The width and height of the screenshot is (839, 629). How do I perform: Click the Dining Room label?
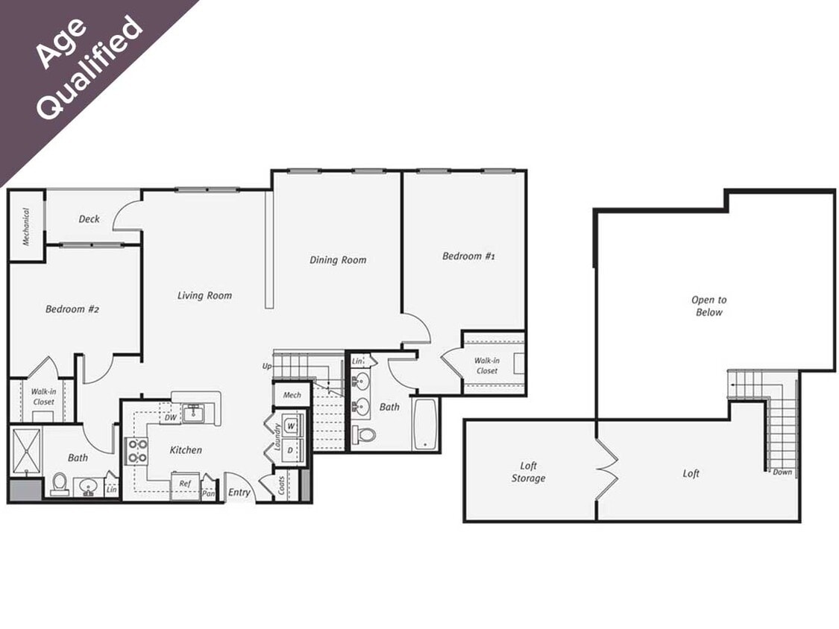click(338, 260)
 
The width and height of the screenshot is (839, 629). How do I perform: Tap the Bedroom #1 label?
click(468, 256)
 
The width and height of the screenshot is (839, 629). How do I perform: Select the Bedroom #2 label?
click(72, 309)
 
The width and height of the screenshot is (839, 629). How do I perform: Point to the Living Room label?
click(204, 295)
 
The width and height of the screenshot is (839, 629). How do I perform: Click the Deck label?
click(89, 219)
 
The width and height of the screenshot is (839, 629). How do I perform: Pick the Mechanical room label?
click(25, 226)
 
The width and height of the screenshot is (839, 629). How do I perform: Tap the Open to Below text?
click(708, 306)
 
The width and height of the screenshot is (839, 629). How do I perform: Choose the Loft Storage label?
click(528, 472)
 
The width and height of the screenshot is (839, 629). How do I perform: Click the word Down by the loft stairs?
click(782, 472)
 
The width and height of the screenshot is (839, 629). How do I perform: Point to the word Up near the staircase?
click(267, 366)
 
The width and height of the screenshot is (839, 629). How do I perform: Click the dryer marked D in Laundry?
click(291, 450)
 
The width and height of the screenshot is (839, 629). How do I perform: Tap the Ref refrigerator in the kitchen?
click(184, 484)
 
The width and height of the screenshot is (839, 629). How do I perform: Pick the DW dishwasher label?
click(171, 417)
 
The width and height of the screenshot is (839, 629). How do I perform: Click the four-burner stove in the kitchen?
click(136, 450)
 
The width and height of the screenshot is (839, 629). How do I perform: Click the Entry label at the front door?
click(239, 492)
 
